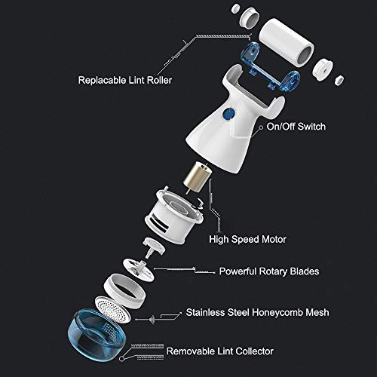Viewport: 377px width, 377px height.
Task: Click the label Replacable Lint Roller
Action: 125,81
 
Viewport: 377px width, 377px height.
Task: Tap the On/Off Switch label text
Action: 296,127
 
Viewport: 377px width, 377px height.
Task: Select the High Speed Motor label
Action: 247,239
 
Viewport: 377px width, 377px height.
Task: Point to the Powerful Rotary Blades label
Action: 269,271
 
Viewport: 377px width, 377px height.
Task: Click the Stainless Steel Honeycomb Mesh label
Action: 257,312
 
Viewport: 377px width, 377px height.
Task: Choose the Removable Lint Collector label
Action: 220,351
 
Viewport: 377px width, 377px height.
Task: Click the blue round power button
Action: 228,114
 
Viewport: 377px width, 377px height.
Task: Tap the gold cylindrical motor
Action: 198,177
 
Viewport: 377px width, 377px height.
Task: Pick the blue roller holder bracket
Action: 270,66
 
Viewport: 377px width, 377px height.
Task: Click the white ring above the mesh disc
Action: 124,291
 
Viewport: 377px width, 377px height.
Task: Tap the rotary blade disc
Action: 138,270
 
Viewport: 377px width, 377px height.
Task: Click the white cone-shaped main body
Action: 235,121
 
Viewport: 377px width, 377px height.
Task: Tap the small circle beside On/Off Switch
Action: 261,127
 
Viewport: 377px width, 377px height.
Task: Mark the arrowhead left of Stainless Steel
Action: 136,320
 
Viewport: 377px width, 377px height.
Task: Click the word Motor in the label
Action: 274,239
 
